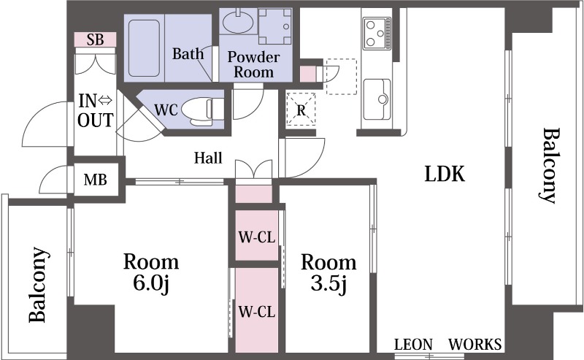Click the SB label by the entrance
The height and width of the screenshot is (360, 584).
pos(96,39)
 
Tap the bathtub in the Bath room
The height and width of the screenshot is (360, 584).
pos(144,48)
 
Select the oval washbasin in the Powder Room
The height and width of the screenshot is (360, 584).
pos(238,21)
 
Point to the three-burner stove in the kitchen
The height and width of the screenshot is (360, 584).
pos(377,34)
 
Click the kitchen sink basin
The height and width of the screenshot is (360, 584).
pos(377,99)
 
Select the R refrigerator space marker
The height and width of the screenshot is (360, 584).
pos(301,110)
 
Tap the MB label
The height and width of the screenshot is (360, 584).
pos(96,180)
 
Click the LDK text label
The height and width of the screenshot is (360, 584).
pos(445,174)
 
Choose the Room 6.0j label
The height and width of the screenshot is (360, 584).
pos(151,272)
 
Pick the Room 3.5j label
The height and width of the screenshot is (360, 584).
pos(328,273)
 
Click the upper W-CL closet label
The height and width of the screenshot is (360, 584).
pos(257,237)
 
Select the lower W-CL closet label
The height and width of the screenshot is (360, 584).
pos(257,312)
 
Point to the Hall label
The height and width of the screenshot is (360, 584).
pos(208,158)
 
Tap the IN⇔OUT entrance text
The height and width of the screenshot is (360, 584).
pos(96,111)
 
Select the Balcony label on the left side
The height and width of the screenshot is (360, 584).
pos(39,284)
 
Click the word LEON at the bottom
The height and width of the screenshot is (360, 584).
pos(413,345)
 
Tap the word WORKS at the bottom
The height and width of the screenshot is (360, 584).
pos(475,345)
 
